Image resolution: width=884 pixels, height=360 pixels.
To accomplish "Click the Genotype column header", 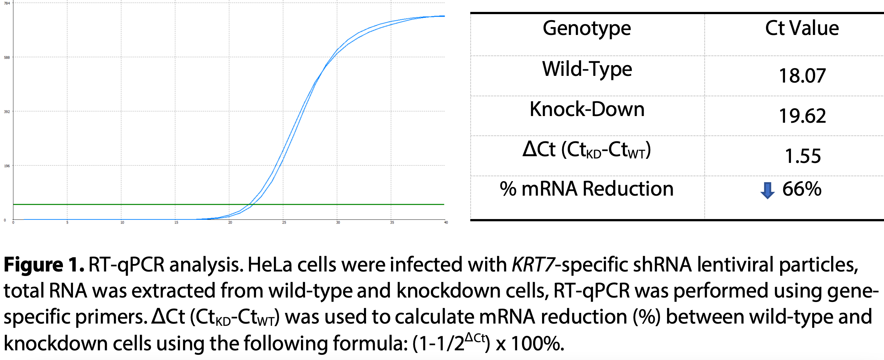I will [587, 29].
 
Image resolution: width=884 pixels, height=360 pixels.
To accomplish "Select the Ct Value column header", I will [802, 28].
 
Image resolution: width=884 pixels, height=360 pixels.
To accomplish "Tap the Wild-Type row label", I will [587, 69].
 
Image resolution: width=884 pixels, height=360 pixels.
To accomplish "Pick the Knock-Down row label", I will [587, 109].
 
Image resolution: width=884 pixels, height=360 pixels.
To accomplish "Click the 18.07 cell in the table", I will [802, 76].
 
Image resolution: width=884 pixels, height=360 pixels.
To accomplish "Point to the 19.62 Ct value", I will [802, 116].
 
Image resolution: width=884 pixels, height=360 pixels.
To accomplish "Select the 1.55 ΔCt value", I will [803, 156].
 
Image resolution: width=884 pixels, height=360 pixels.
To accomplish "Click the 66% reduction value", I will [802, 189].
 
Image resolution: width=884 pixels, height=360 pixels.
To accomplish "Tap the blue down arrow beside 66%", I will [767, 190].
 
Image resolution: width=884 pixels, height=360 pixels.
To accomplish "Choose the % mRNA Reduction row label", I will [586, 189].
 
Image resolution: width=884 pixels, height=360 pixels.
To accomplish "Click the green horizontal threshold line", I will [149, 204].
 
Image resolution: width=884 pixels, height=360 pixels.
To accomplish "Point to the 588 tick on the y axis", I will [7, 58].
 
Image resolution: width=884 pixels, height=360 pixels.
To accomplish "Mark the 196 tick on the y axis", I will [7, 166].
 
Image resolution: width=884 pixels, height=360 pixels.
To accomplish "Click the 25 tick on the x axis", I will [284, 222].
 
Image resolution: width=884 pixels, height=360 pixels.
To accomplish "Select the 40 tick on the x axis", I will [446, 222].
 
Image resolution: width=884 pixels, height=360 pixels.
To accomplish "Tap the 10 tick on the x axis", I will [122, 222].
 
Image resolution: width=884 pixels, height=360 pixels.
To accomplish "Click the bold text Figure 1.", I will [44, 265].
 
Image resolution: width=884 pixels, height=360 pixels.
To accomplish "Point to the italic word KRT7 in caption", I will [533, 265].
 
